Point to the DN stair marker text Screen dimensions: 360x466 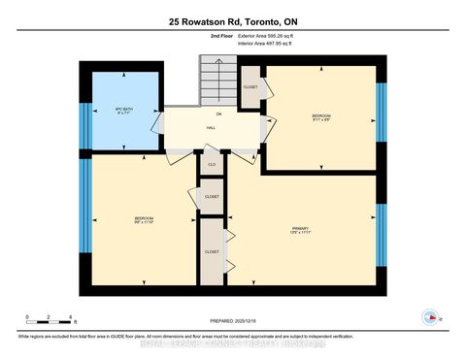[x=218, y=115]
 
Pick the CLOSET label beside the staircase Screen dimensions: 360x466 [x=250, y=87]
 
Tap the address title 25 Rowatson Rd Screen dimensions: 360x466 [x=233, y=20]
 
